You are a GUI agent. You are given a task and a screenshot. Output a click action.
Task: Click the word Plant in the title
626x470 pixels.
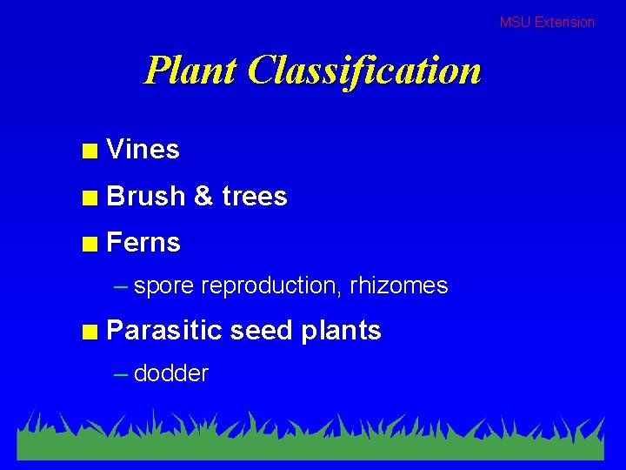point(190,70)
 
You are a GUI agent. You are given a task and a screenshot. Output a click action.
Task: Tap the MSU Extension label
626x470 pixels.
point(547,22)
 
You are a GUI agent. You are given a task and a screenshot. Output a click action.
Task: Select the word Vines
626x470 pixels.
point(143,150)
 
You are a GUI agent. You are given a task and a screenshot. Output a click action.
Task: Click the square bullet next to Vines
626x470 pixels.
point(89,151)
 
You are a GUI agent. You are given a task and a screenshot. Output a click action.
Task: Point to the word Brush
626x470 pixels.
point(146,197)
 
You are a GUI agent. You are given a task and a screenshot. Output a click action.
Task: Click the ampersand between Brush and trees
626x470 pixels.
point(204,197)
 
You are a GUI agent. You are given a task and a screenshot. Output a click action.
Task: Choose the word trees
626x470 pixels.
point(255,197)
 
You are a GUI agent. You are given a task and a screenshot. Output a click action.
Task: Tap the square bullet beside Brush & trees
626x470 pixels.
point(89,198)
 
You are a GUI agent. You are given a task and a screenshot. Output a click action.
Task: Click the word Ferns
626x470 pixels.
point(143,243)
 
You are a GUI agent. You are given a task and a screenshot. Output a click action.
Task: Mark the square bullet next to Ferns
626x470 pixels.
point(89,245)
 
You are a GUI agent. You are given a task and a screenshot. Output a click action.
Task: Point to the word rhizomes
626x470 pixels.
point(399,285)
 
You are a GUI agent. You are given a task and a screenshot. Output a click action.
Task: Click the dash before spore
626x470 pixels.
point(122,286)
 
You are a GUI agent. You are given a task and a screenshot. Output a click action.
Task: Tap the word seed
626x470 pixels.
point(261,331)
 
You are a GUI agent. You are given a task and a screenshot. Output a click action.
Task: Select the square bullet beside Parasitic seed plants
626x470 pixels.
point(89,332)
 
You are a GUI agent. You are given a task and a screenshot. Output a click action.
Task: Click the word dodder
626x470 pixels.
point(171,374)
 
